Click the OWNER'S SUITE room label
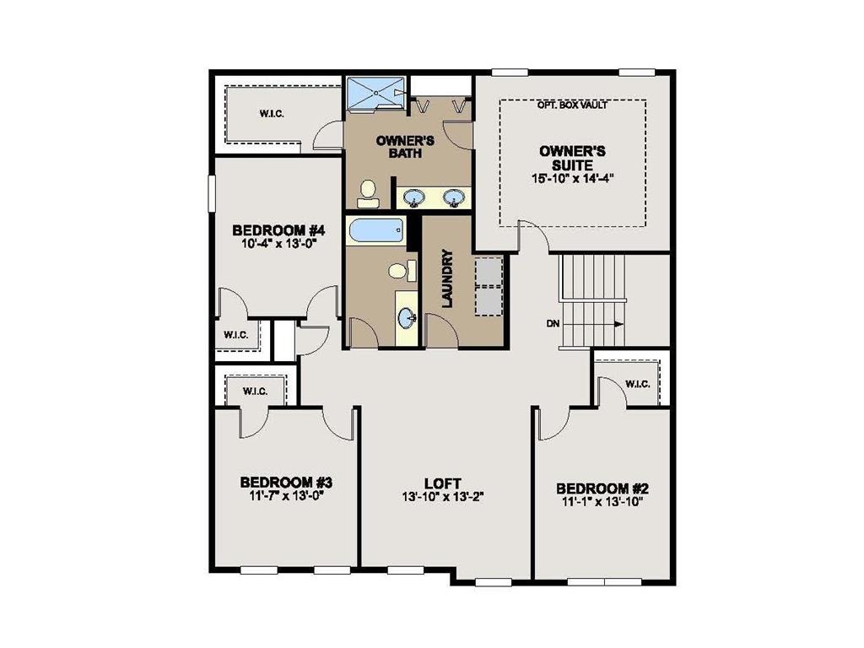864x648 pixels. pos(572,158)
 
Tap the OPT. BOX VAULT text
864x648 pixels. pos(572,105)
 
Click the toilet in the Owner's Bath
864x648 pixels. pos(368,193)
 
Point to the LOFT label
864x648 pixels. pos(442,483)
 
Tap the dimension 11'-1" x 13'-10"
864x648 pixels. pos(602,502)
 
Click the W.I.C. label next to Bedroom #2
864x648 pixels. pos(637,385)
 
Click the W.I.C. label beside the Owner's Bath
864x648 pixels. pos(272,113)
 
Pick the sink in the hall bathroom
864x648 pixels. pos(408,318)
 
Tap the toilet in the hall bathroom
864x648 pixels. pos(397,271)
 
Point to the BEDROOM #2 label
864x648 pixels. pos(602,489)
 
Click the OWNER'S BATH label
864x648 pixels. pos(393,147)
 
